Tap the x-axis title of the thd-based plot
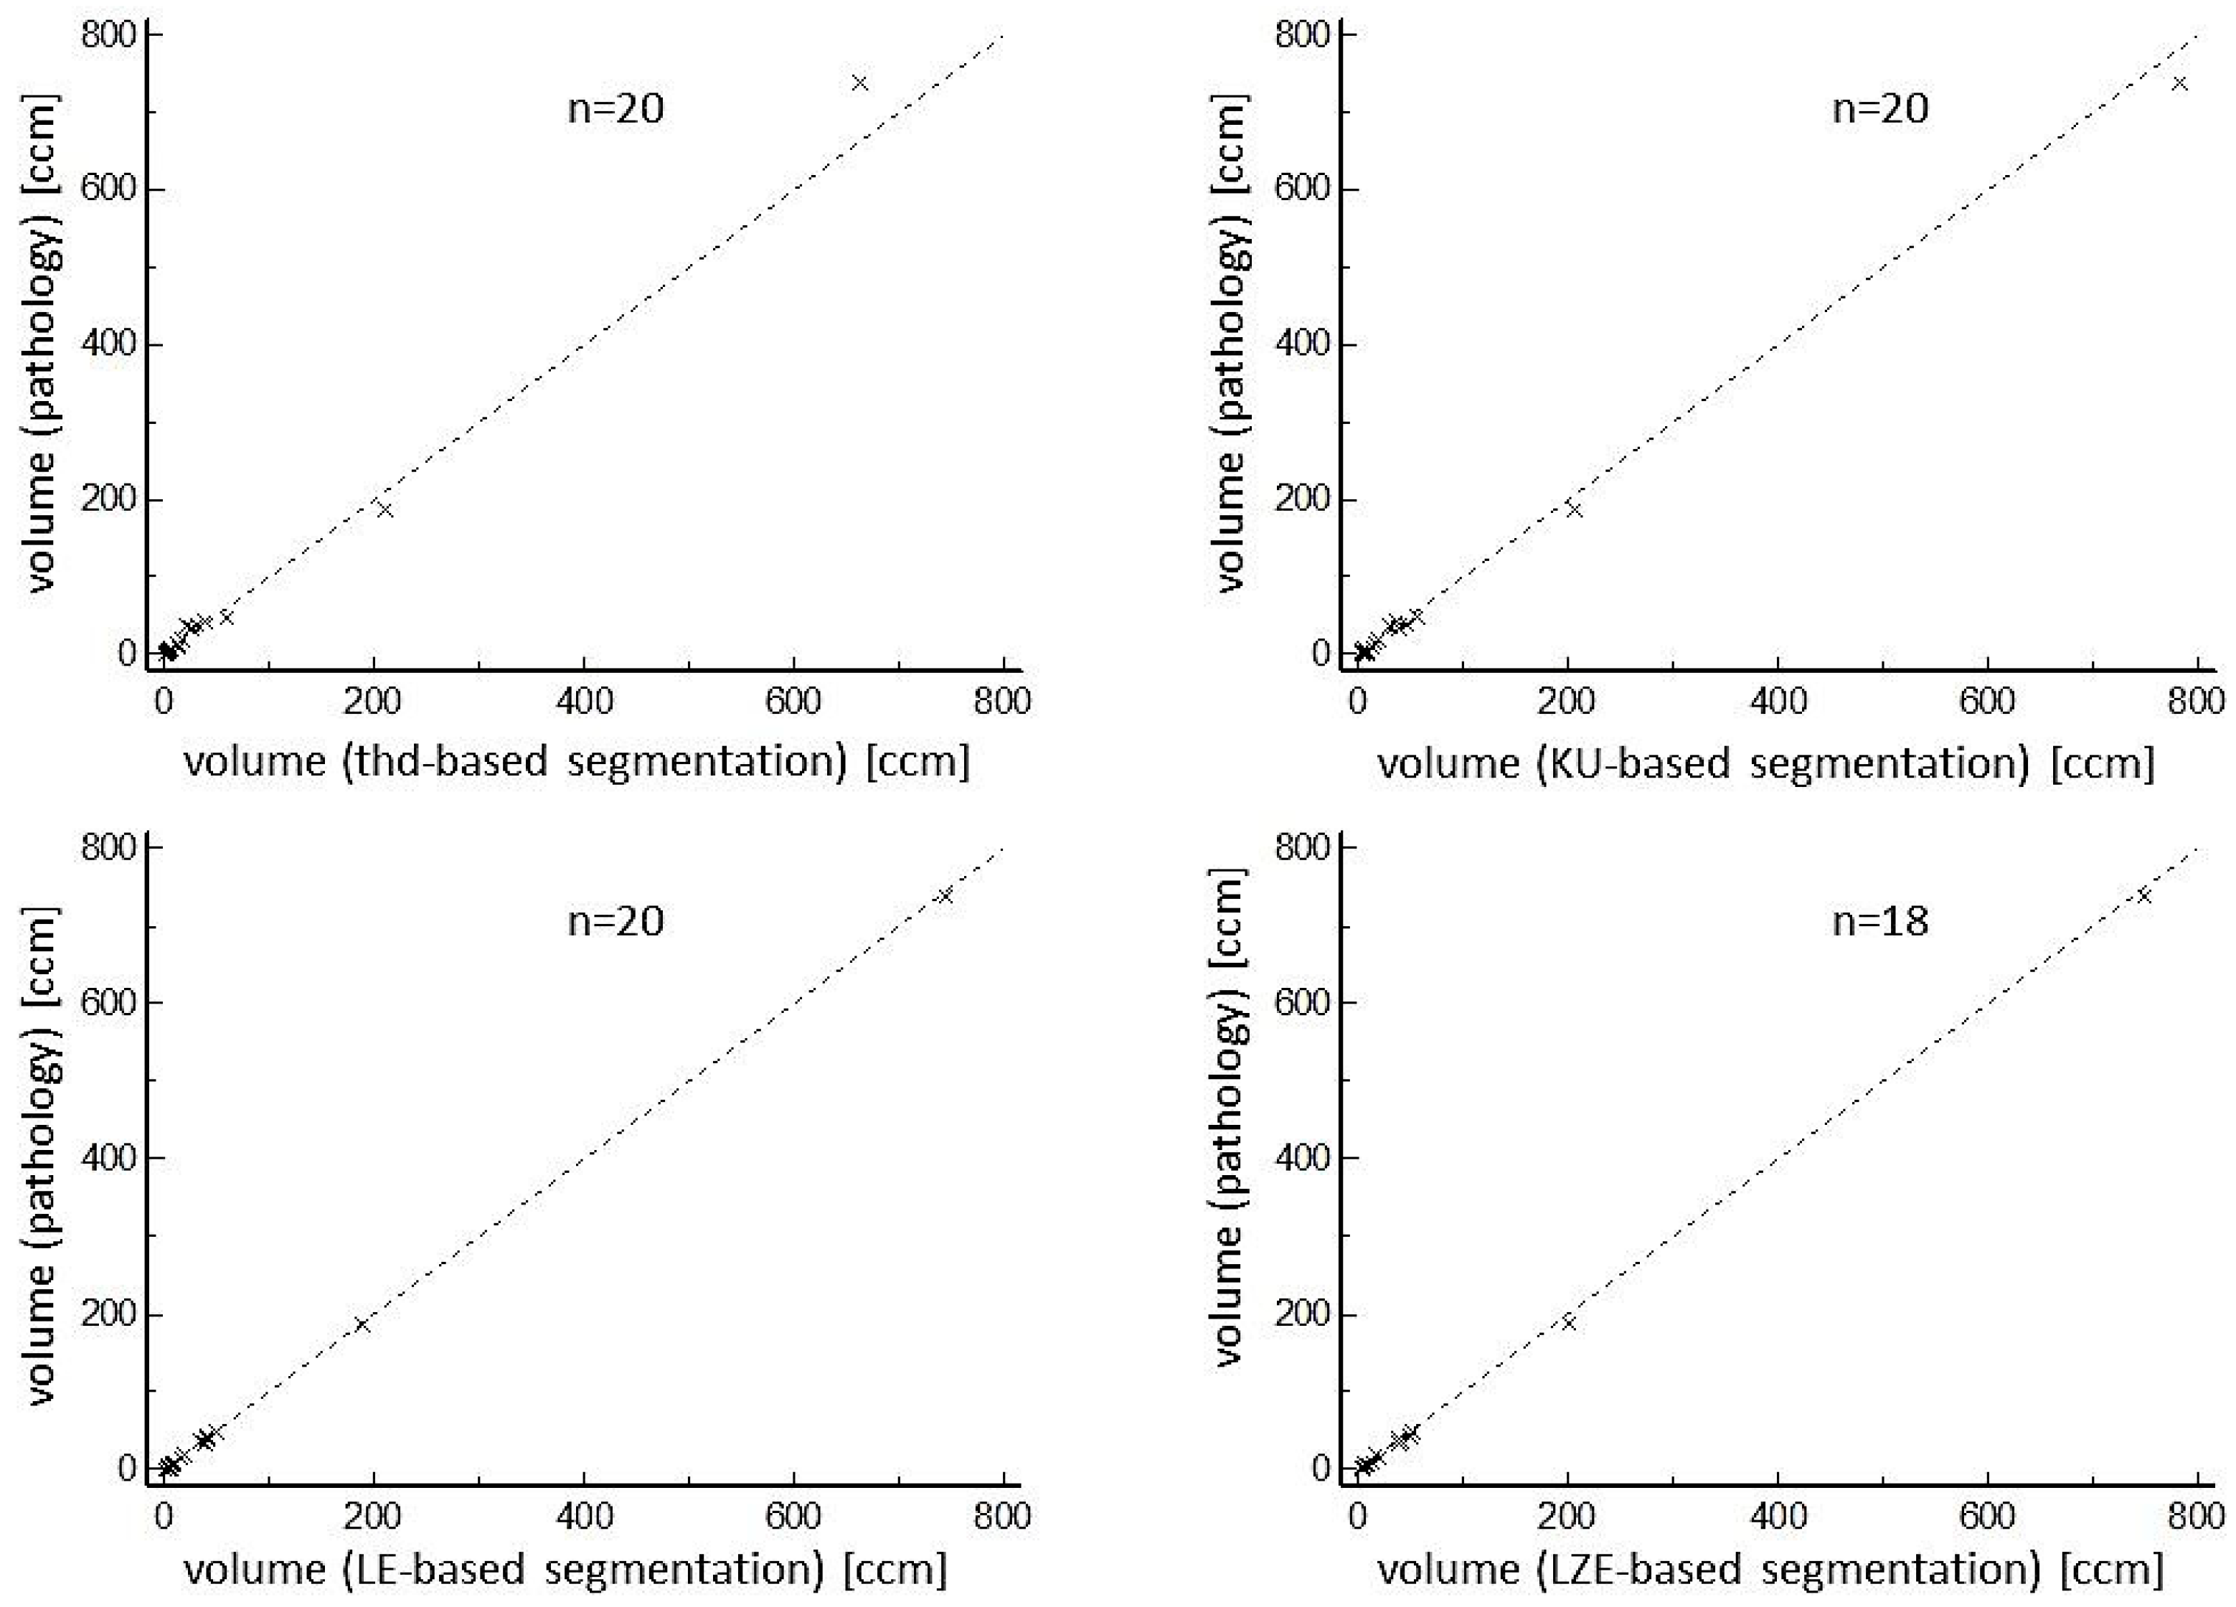click(x=577, y=762)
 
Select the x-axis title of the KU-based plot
click(x=1765, y=764)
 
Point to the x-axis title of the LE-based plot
click(x=565, y=1568)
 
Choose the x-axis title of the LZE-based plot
click(x=1770, y=1568)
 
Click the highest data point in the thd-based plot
click(x=859, y=83)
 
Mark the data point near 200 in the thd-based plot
click(x=385, y=509)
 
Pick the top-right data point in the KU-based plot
click(x=2180, y=83)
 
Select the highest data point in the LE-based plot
click(x=945, y=895)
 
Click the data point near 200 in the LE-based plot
click(x=362, y=1324)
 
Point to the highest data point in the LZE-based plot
click(x=2143, y=895)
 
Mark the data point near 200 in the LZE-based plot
click(x=1569, y=1323)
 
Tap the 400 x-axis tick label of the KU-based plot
click(x=1777, y=701)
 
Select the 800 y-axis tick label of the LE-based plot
click(x=110, y=848)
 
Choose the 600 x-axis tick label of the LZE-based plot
click(x=1986, y=1514)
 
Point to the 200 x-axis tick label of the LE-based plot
click(x=374, y=1514)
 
